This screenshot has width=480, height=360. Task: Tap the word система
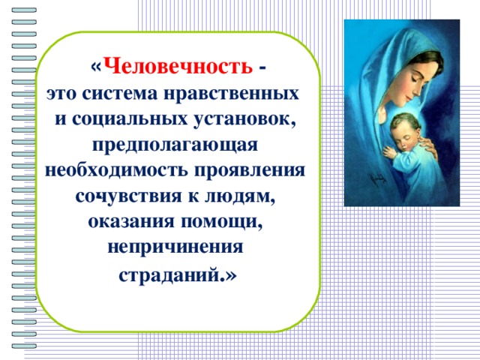click(x=120, y=93)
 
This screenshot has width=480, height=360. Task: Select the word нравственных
click(x=232, y=94)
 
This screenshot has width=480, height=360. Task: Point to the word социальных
click(x=130, y=119)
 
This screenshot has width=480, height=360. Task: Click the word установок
click(x=244, y=119)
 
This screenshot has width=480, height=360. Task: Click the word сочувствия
click(x=128, y=196)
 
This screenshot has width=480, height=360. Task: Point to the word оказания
click(x=131, y=222)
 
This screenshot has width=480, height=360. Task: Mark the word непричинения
click(x=175, y=248)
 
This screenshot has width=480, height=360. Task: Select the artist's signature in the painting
click(x=377, y=180)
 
